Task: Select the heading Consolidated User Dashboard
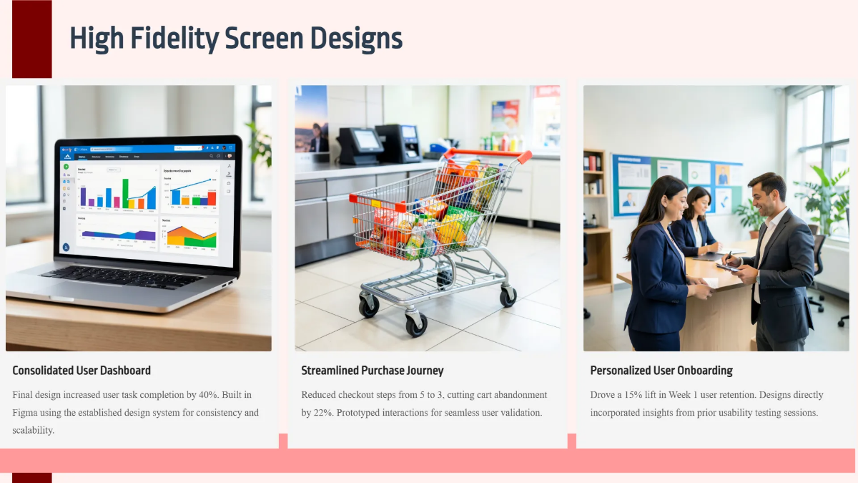[x=82, y=371]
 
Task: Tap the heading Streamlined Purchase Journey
[x=373, y=371]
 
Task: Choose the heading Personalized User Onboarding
[x=661, y=371]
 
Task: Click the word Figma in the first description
[x=26, y=413]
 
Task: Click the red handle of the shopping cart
[x=486, y=154]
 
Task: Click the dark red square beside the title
[x=32, y=39]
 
